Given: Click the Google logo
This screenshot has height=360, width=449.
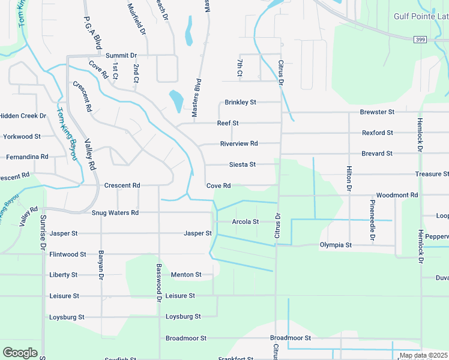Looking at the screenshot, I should (x=19, y=353).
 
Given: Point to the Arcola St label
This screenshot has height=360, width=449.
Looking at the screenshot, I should (x=245, y=221).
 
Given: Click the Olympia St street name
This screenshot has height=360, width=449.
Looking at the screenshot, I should (x=336, y=245).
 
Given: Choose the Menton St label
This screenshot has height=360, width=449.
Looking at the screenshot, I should (x=186, y=275).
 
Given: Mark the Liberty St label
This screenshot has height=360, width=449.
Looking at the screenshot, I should (x=63, y=275).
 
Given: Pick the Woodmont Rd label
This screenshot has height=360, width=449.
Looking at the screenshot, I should (x=397, y=195).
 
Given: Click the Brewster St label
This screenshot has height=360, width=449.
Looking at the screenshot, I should (x=377, y=112).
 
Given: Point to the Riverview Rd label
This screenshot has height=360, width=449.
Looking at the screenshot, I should (x=238, y=143).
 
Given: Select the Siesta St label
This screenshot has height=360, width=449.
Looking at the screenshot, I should (x=243, y=164).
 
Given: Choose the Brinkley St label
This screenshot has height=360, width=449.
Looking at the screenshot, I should (x=240, y=102).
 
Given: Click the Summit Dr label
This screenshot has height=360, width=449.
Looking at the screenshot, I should (x=121, y=55).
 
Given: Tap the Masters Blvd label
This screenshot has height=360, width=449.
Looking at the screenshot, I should (x=195, y=97).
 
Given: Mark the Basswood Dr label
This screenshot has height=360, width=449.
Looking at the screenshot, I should (x=159, y=283).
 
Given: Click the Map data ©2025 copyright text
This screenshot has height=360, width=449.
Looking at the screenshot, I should (x=423, y=355).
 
